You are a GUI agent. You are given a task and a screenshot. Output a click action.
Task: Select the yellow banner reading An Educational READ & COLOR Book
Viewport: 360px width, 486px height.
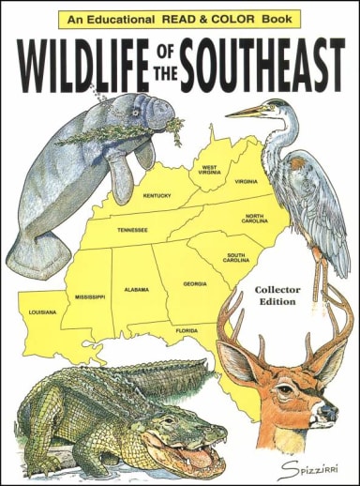179,18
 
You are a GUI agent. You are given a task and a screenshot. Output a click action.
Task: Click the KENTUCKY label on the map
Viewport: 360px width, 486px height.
157,196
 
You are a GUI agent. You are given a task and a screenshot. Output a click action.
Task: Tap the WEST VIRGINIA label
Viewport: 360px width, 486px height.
209,170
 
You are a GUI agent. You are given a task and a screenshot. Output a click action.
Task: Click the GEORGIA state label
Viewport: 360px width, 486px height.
195,282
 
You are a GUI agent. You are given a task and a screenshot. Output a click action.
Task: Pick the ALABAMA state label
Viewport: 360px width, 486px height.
137,290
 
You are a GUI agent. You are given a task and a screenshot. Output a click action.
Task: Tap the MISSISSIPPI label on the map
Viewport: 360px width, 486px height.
90,296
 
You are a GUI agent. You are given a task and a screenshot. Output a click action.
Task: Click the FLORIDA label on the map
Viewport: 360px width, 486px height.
187,330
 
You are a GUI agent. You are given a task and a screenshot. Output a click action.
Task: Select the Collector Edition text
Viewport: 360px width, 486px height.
277,296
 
